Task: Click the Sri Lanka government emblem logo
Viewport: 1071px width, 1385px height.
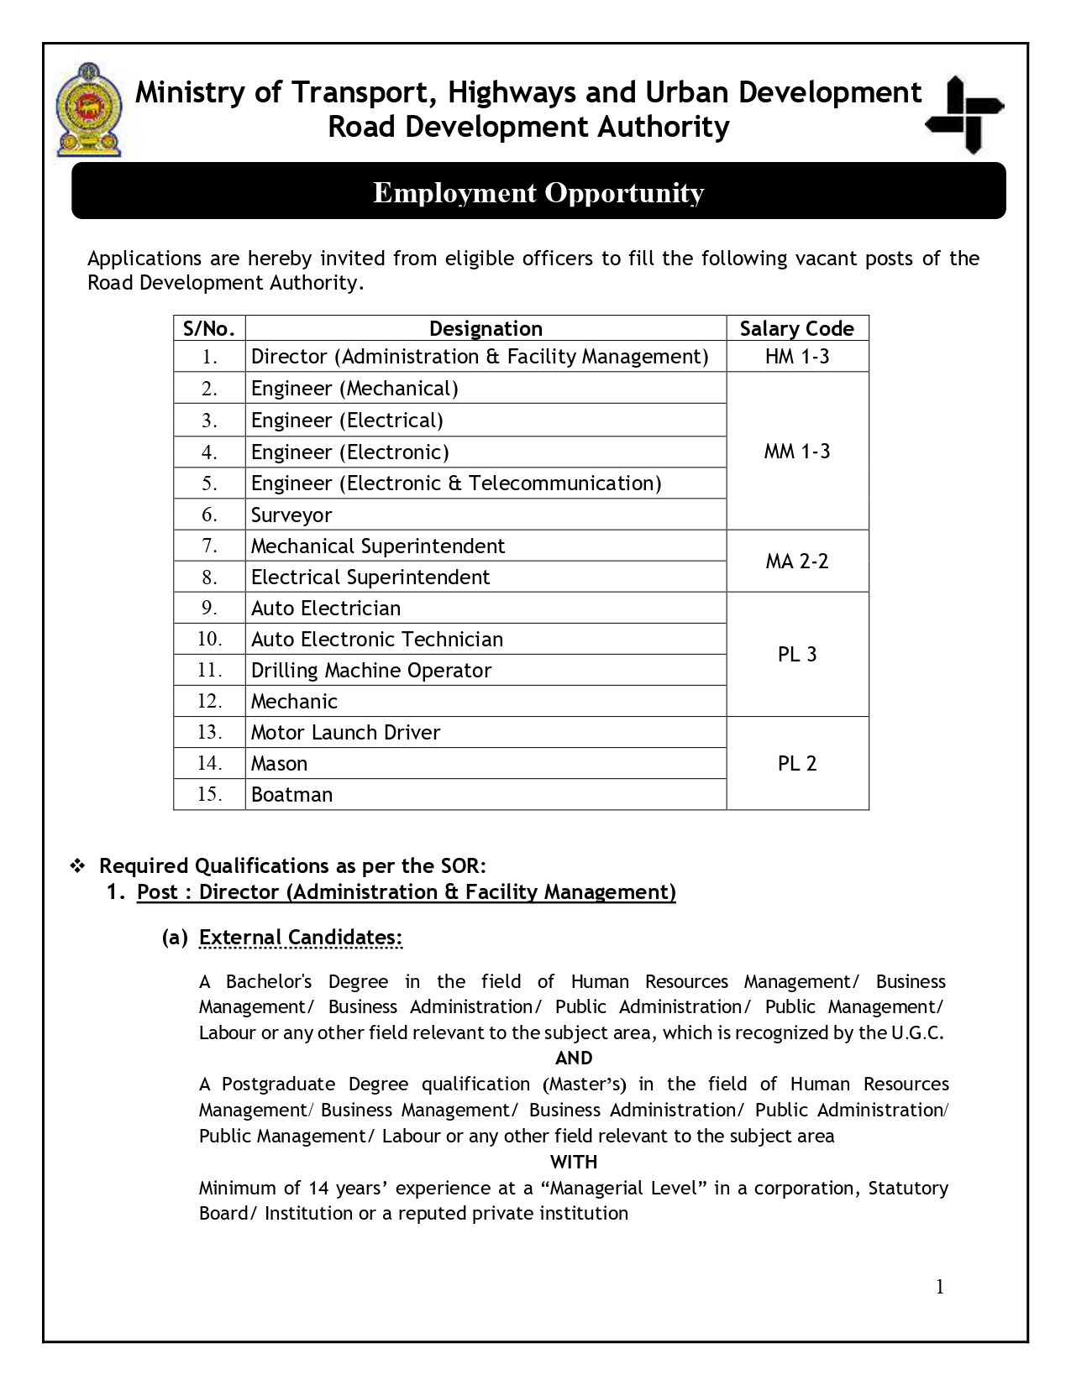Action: [87, 109]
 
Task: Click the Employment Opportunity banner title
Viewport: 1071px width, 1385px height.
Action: [538, 192]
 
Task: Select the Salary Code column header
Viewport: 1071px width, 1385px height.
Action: [796, 328]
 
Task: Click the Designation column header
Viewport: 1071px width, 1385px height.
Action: [486, 328]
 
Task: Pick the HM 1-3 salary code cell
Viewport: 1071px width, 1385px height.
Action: [796, 357]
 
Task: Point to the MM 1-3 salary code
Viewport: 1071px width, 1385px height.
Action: [796, 452]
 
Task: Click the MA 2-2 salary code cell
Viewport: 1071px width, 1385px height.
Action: [796, 562]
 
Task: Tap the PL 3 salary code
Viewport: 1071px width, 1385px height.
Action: [796, 655]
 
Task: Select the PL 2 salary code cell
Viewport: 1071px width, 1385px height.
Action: [796, 764]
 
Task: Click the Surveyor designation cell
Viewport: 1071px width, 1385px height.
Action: [291, 515]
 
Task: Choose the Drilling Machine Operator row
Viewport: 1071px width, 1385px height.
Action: [370, 671]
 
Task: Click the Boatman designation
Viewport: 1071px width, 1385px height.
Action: [291, 795]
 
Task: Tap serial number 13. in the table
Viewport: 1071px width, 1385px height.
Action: [209, 733]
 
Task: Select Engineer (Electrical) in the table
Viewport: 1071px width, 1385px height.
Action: [347, 421]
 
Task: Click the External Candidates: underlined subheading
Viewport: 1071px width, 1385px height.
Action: [301, 938]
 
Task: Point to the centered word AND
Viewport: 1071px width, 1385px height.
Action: [574, 1058]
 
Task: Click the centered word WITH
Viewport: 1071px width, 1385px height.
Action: [574, 1163]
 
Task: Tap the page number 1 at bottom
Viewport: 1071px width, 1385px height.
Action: [940, 1288]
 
